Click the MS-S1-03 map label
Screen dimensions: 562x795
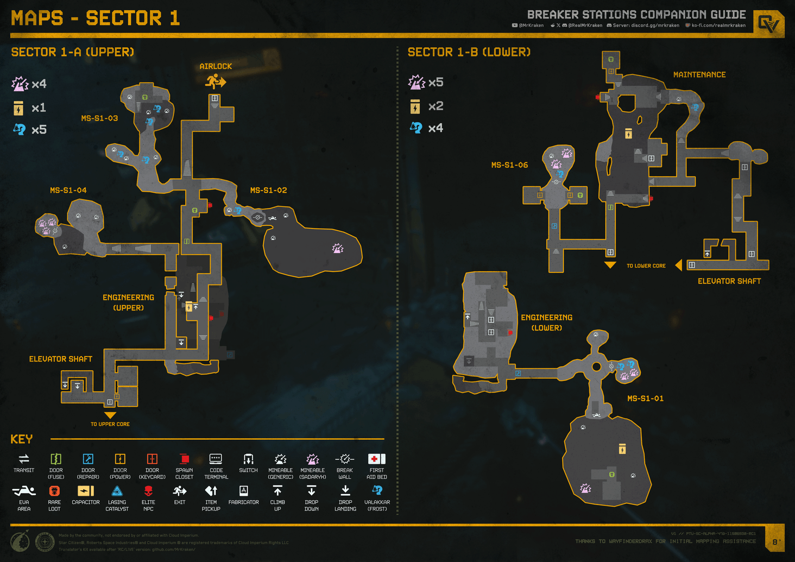(99, 118)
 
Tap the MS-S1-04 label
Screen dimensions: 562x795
(68, 191)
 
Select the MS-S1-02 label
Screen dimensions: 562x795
(268, 191)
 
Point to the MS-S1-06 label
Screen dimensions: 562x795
(509, 165)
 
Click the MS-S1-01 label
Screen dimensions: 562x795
(645, 399)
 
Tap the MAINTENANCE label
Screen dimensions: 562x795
(699, 75)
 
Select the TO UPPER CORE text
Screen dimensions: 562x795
(110, 424)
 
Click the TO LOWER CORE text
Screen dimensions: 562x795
(646, 266)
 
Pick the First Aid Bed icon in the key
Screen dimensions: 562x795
(376, 459)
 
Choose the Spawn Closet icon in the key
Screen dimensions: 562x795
(184, 459)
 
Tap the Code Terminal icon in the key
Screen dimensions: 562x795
(216, 459)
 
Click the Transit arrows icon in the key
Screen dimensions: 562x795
(24, 459)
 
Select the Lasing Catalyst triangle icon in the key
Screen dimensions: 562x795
(117, 491)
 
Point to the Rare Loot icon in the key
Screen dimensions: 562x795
(54, 491)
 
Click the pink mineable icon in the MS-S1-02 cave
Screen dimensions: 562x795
(338, 249)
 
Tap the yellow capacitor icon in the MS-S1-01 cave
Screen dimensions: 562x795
(622, 449)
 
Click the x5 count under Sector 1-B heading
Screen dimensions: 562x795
(436, 83)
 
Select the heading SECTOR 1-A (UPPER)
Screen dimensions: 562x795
(73, 52)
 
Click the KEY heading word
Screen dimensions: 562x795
(22, 439)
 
